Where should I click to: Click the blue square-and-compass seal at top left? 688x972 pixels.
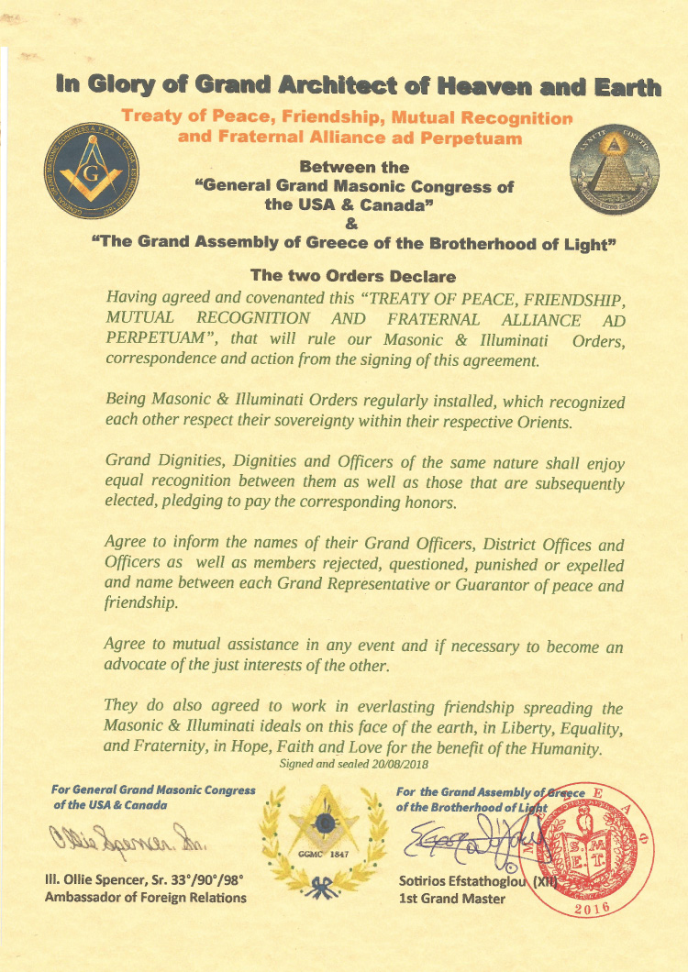[90, 171]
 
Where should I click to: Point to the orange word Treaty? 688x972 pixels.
[153, 118]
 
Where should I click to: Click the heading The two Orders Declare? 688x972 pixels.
[352, 274]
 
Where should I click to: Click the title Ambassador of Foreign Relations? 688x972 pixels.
[146, 898]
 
